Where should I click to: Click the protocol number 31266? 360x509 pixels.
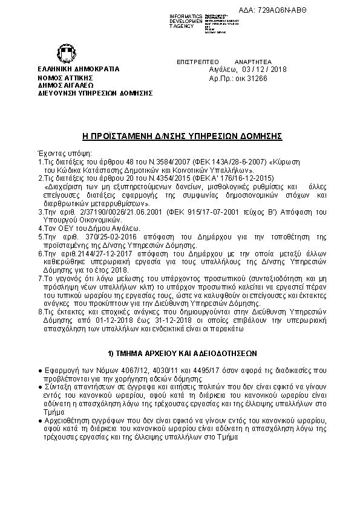coord(255,79)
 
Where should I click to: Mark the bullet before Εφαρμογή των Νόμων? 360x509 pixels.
coord(40,369)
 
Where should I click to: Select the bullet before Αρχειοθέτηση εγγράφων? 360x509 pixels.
coord(40,420)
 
